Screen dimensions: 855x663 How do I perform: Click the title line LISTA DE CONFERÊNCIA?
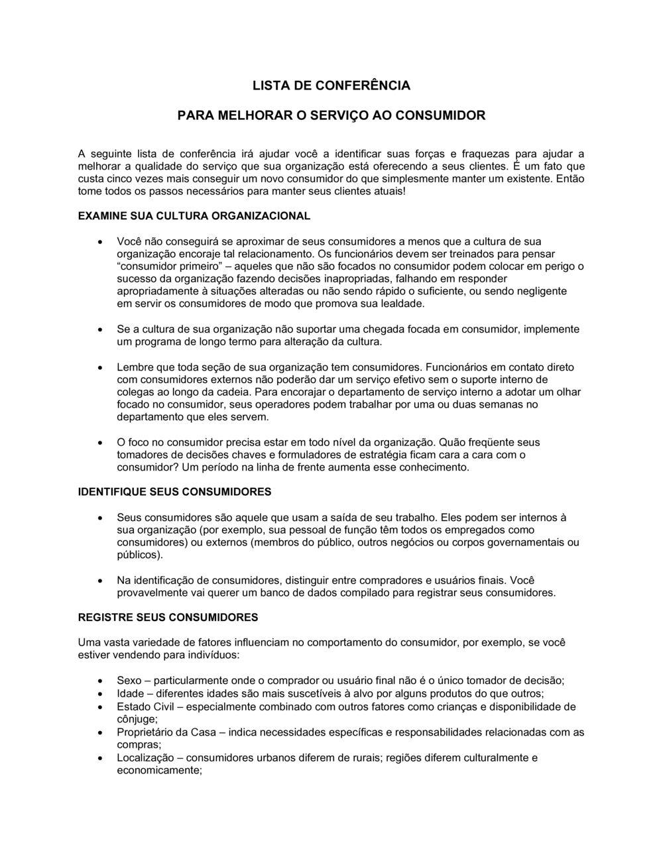331,85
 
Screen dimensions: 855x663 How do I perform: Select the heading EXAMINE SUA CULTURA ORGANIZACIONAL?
194,216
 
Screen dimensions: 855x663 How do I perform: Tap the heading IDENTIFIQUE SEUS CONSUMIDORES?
174,492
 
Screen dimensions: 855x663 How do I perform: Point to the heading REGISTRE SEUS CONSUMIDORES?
168,617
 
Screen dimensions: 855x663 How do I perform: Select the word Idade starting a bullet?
130,694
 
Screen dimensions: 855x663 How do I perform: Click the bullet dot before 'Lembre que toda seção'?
99,368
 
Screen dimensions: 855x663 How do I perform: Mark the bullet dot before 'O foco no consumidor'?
99,443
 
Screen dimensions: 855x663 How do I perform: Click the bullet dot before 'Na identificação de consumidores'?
99,581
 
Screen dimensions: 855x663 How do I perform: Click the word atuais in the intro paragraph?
385,192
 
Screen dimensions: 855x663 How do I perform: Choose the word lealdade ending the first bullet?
402,304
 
